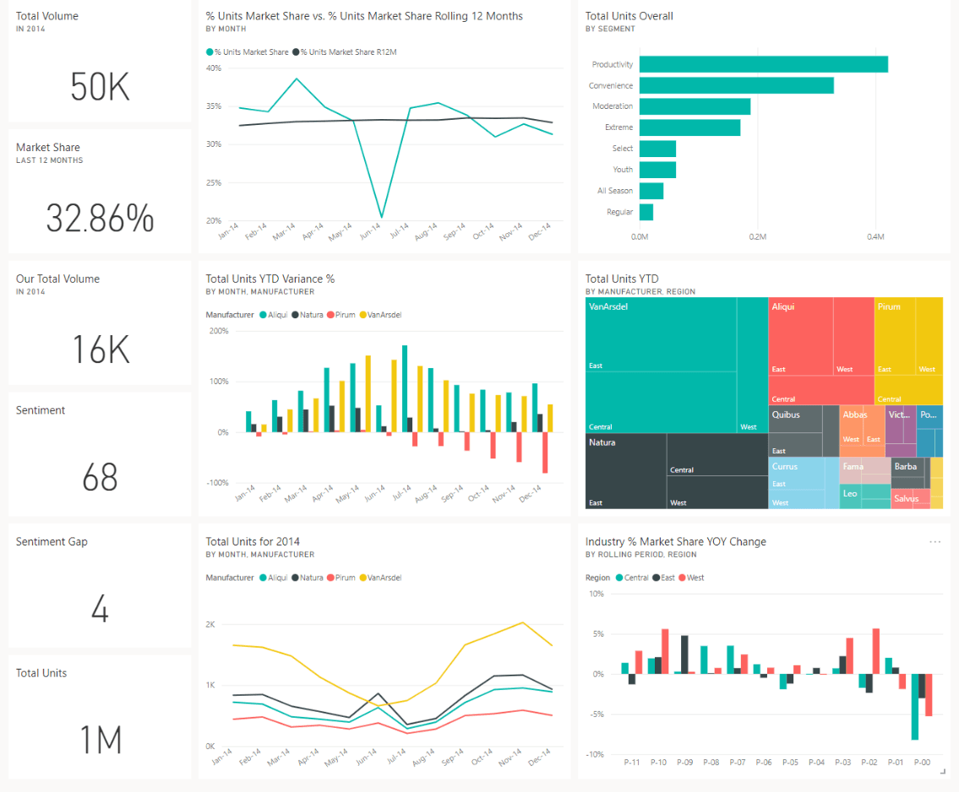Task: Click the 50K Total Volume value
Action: (100, 87)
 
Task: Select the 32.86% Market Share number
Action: (100, 219)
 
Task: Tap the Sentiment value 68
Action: (100, 478)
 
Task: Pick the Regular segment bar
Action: (646, 212)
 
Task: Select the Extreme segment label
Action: (618, 127)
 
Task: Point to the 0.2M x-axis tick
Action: (757, 237)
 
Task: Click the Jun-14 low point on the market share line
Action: (381, 217)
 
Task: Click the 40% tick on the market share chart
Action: (214, 68)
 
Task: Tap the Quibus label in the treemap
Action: (785, 415)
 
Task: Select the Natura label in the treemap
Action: (602, 442)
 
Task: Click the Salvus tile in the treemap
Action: (906, 499)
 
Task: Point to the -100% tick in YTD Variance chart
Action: (217, 483)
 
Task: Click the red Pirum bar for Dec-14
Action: (545, 453)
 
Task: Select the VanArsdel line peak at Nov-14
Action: (523, 622)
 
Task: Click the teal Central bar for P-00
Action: (915, 707)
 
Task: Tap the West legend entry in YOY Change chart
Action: (695, 578)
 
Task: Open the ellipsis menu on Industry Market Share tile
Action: (934, 542)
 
